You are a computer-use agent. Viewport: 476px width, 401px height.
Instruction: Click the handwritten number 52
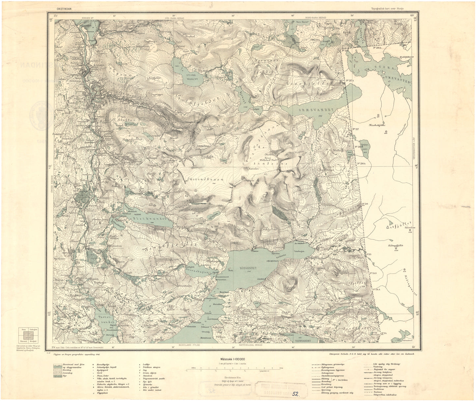point(295,393)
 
